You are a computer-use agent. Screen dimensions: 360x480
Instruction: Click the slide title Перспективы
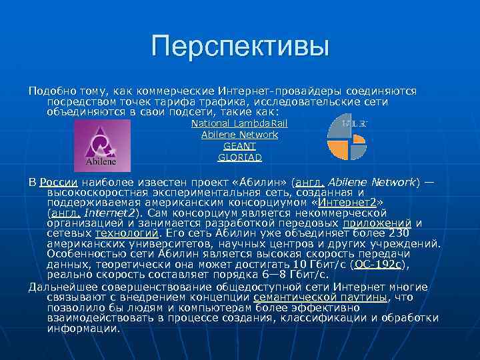pos(240,47)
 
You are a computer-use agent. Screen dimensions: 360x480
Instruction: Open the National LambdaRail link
pos(239,123)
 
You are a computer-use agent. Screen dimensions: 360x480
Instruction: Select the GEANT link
pos(239,146)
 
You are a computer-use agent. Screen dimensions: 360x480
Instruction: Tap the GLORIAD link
pos(239,157)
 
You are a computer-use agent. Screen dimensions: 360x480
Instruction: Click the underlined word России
pos(58,182)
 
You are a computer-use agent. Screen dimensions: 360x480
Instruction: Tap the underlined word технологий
pos(127,233)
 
